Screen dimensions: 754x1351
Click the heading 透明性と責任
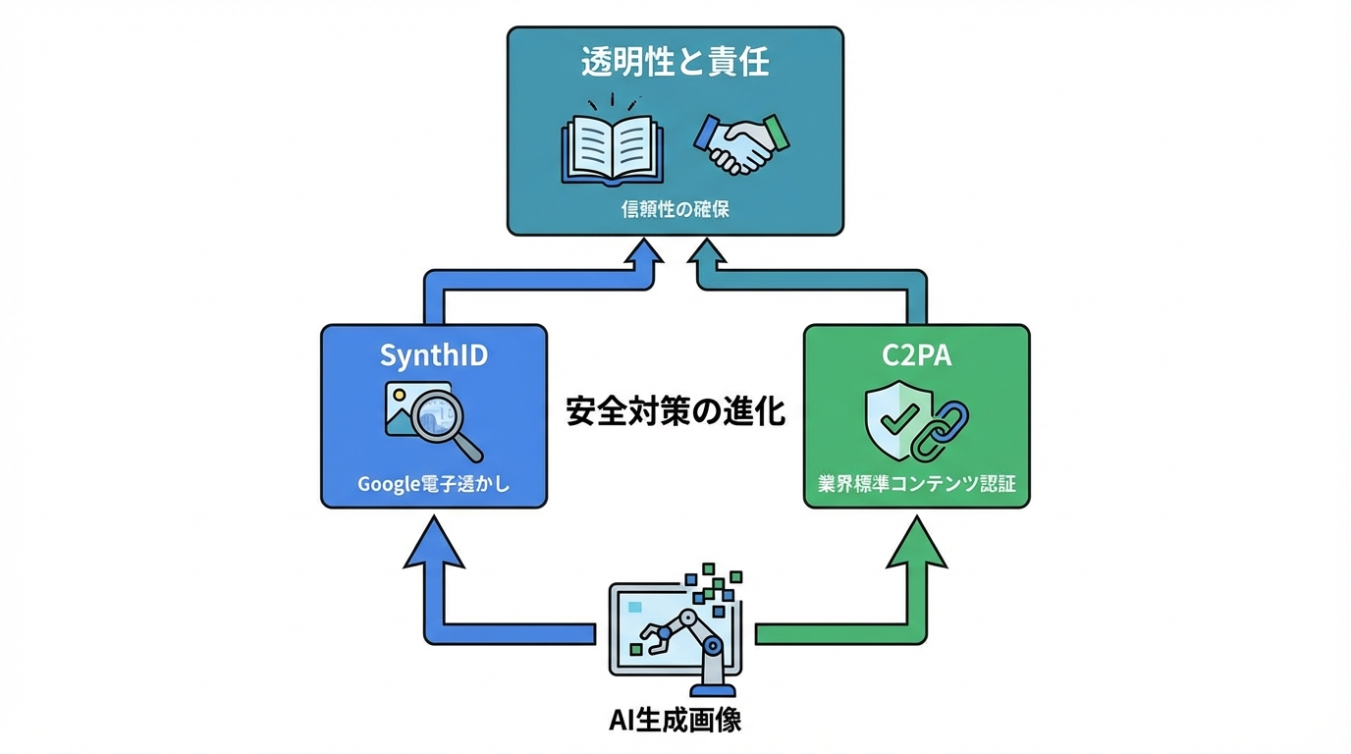[674, 64]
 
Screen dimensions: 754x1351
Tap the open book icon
[612, 147]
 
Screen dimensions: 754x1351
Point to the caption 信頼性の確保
[675, 209]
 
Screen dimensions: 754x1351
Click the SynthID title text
[433, 355]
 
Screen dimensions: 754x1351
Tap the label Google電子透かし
[433, 484]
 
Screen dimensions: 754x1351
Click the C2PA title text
[916, 355]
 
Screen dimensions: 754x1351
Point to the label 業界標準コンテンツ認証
[916, 484]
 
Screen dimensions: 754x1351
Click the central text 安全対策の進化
[675, 411]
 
